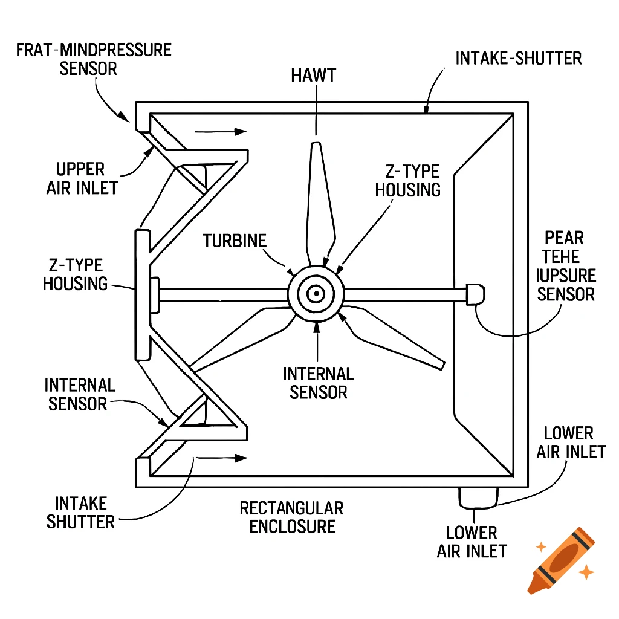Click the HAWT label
click(313, 76)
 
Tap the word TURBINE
click(235, 241)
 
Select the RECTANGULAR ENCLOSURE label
click(292, 517)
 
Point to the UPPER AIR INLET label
click(82, 178)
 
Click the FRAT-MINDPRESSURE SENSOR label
click(94, 59)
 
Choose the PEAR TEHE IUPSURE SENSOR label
click(566, 266)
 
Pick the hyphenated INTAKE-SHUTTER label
click(518, 59)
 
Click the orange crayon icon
click(559, 559)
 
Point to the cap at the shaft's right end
click(476, 294)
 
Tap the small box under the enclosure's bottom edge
click(478, 497)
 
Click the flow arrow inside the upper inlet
click(221, 131)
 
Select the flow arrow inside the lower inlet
click(221, 458)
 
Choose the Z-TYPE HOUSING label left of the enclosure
click(74, 274)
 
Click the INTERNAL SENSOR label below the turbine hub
click(319, 383)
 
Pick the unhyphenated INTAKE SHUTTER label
click(81, 512)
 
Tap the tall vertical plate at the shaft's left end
click(141, 294)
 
